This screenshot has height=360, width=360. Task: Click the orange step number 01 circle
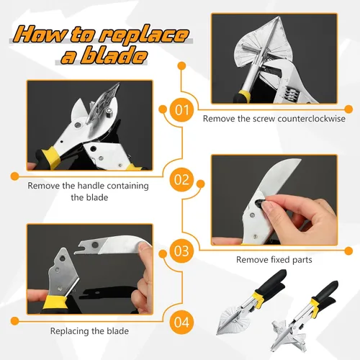pos(181,109)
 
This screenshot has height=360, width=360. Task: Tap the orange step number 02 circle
pos(181,180)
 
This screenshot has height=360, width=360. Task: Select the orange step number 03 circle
pos(181,251)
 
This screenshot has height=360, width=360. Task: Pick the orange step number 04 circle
pos(181,322)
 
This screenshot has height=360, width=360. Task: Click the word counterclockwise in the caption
pos(312,119)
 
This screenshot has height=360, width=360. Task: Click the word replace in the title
pos(144,35)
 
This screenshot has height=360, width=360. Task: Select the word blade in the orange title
pos(114,56)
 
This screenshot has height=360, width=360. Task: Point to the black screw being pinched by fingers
pos(260,204)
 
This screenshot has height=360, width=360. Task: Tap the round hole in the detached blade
pos(95,246)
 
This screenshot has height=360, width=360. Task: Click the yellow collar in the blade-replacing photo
pos(55,302)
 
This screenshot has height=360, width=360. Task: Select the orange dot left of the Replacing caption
pos(15,321)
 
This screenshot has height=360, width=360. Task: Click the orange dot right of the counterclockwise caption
pos(348,109)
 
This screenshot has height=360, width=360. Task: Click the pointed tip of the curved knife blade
pos(300,159)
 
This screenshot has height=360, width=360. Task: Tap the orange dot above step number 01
pos(181,66)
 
